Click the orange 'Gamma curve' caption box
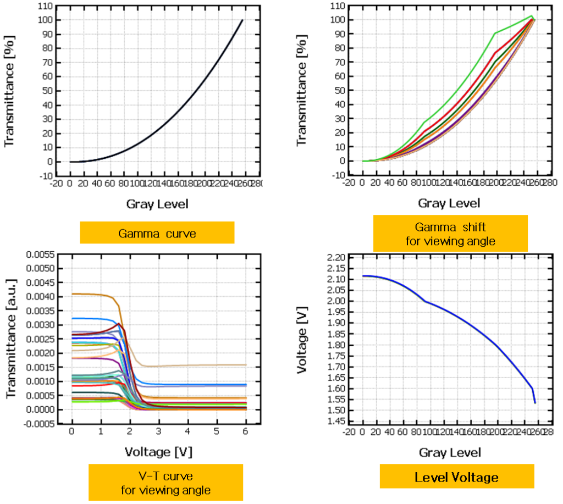157,232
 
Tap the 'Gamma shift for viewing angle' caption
450,234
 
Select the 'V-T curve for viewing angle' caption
165,482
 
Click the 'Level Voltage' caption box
456,477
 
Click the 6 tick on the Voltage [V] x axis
245,433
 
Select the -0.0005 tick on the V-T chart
39,424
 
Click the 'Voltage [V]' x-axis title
159,452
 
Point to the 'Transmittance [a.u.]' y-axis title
12,339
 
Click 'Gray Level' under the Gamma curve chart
157,204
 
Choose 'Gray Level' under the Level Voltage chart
450,452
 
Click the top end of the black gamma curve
242,20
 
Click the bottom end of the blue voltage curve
534,403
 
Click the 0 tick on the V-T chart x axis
71,433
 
